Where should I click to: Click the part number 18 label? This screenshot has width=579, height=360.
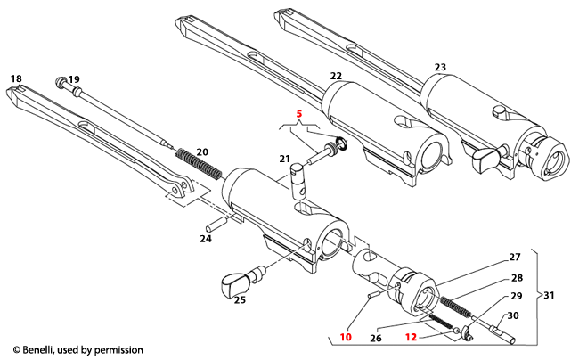tap(16, 79)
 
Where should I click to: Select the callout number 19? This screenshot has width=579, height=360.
tap(74, 79)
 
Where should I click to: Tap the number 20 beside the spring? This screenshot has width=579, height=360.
tap(202, 151)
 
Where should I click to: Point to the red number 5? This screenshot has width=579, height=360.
tap(299, 115)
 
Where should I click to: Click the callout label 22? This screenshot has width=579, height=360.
tap(336, 78)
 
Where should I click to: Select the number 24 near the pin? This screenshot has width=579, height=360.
tap(206, 238)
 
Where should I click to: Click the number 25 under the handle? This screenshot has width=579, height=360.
tap(239, 300)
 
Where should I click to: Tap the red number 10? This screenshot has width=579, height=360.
tap(346, 338)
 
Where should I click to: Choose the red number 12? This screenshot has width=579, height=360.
tap(411, 338)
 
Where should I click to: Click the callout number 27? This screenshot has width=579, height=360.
tap(514, 258)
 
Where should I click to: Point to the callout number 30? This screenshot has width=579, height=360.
tap(514, 315)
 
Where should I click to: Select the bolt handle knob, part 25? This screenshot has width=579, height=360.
tap(233, 282)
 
